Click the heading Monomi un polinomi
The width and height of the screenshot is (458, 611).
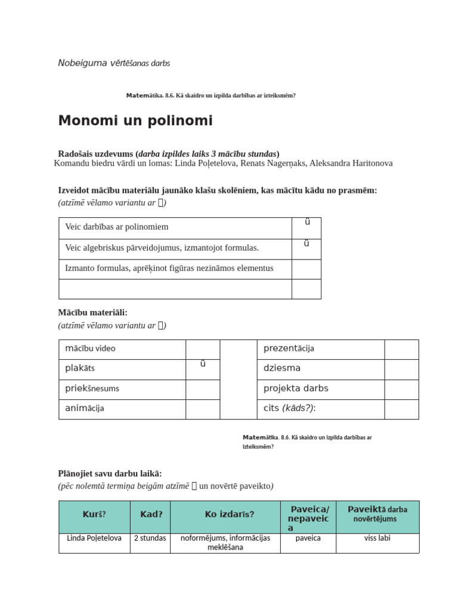click(x=135, y=121)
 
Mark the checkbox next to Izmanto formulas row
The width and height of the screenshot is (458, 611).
click(x=306, y=269)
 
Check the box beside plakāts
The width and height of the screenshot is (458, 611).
click(x=203, y=369)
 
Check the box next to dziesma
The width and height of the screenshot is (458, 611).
click(x=401, y=369)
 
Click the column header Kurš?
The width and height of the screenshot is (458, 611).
click(x=94, y=514)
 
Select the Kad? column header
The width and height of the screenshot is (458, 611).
click(x=151, y=514)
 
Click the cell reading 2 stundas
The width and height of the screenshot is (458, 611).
click(x=150, y=538)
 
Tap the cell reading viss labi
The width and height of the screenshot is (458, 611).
click(x=377, y=538)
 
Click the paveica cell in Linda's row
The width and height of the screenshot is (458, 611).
click(x=308, y=538)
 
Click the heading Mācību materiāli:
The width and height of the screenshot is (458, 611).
click(x=92, y=313)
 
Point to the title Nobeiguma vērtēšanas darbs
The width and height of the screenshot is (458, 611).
click(x=114, y=63)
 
